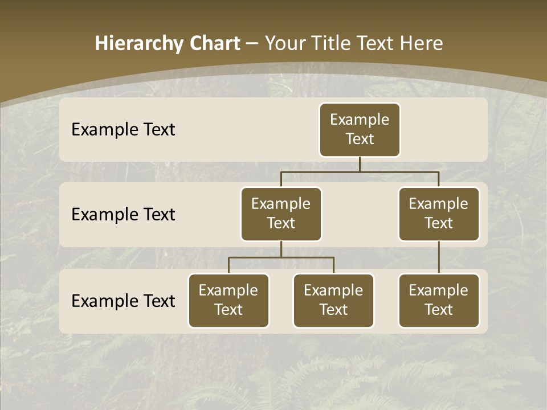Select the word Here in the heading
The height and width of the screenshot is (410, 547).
(422, 43)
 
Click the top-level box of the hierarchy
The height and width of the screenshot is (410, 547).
(360, 129)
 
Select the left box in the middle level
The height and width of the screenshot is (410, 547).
(281, 214)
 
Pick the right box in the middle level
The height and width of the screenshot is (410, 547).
(439, 214)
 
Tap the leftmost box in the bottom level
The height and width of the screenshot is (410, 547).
(228, 300)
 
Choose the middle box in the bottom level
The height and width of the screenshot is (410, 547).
(333, 300)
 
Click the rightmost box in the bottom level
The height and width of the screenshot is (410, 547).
(439, 300)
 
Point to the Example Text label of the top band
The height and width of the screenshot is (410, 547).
(123, 130)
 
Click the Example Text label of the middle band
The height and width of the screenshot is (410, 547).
(123, 215)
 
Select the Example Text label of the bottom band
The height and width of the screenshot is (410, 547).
(123, 301)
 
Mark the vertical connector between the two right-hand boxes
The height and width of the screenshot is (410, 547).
(439, 257)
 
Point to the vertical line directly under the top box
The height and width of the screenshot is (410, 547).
(360, 164)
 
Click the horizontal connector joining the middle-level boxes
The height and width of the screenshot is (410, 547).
(360, 171)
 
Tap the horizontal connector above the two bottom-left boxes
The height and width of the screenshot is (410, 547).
(281, 257)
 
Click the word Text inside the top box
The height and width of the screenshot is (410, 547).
(360, 139)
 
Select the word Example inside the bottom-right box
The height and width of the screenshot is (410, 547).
(438, 290)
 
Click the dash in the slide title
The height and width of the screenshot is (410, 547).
(252, 44)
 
